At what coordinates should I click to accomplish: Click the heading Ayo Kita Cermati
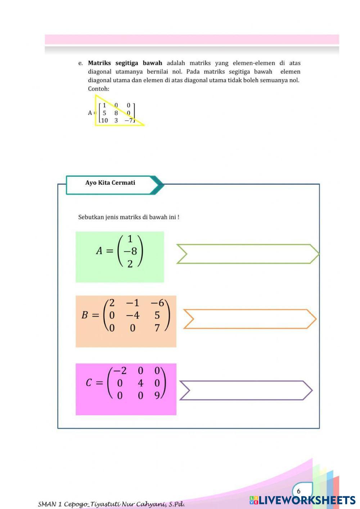(x=110, y=183)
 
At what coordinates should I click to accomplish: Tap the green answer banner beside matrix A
(x=248, y=254)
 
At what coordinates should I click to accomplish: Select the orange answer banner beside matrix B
(x=250, y=319)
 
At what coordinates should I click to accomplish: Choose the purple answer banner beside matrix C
(x=246, y=391)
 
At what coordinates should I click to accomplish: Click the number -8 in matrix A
(x=130, y=251)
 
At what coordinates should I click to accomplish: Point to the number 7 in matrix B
(x=157, y=328)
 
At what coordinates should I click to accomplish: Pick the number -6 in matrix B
(x=157, y=303)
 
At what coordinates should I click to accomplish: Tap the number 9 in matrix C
(x=157, y=396)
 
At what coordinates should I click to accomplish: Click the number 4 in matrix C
(x=140, y=383)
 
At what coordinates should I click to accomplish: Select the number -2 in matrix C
(x=120, y=371)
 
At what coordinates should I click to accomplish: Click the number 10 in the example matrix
(x=104, y=121)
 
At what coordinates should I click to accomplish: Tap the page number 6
(x=298, y=491)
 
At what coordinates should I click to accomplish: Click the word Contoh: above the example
(x=99, y=89)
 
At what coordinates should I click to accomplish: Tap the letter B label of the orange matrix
(x=85, y=315)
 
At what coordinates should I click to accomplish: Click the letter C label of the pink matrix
(x=89, y=383)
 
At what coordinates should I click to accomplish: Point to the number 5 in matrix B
(x=157, y=315)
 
